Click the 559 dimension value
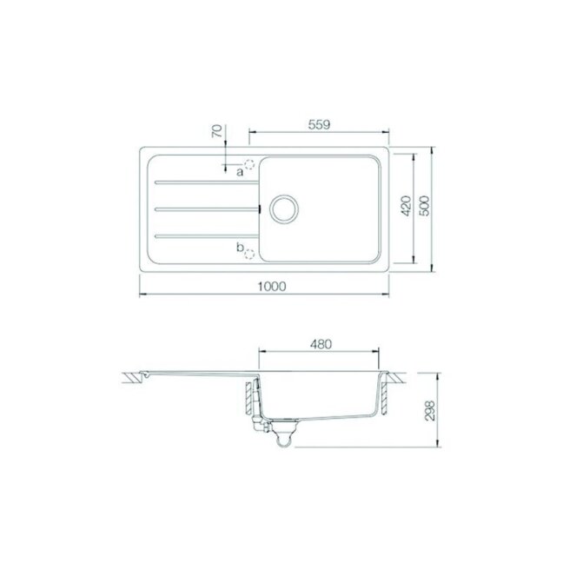(319, 124)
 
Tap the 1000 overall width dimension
(272, 286)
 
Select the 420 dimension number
(406, 206)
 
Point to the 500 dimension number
(424, 206)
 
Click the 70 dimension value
(217, 130)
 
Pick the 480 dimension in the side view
(321, 344)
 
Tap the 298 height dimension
(430, 410)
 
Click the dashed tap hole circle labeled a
(249, 164)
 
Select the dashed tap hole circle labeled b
(249, 255)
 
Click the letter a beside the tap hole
(240, 172)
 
